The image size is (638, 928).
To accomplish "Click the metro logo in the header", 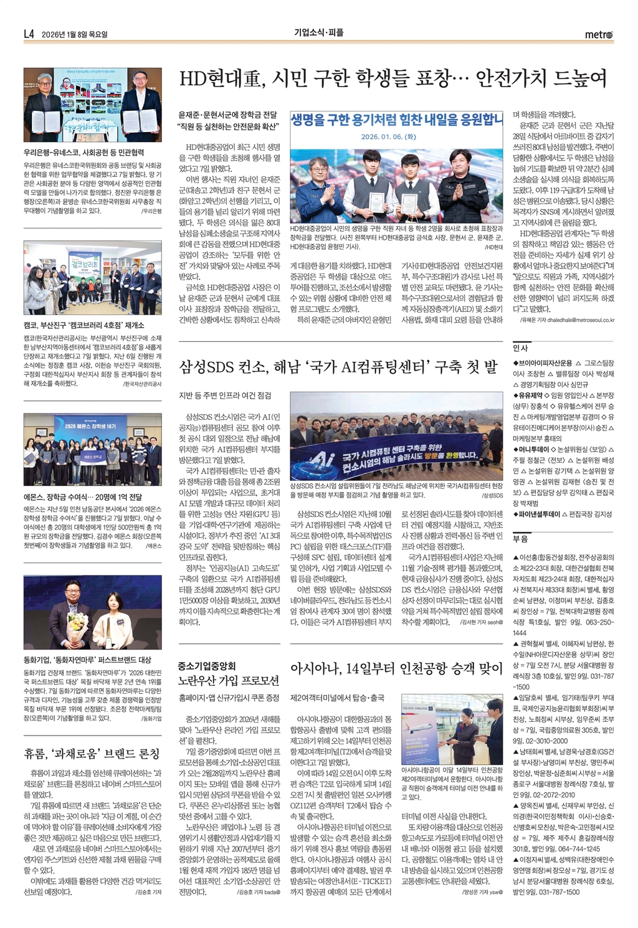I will pyautogui.click(x=598, y=35).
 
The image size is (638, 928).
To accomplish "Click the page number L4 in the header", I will pyautogui.click(x=29, y=34).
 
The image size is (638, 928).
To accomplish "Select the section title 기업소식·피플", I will pyautogui.click(x=319, y=33).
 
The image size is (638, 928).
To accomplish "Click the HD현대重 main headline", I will pyautogui.click(x=393, y=79).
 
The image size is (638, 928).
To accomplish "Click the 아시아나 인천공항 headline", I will pyautogui.click(x=396, y=669).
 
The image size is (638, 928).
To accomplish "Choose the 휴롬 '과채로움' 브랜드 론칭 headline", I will pyautogui.click(x=92, y=754).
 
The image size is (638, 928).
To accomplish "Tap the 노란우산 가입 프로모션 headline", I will pyautogui.click(x=229, y=681).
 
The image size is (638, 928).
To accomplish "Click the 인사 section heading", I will pyautogui.click(x=520, y=348).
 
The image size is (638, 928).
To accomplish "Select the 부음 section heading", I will pyautogui.click(x=520, y=539).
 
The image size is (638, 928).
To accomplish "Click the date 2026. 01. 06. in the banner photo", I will pyautogui.click(x=388, y=137).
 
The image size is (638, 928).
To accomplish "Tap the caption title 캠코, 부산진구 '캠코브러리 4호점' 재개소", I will pyautogui.click(x=83, y=325).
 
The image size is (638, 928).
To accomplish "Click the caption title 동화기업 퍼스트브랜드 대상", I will pyautogui.click(x=87, y=660).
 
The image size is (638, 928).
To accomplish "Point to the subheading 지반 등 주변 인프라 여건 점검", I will pyautogui.click(x=225, y=395).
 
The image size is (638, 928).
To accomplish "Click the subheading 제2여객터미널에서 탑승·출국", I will pyautogui.click(x=337, y=698).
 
